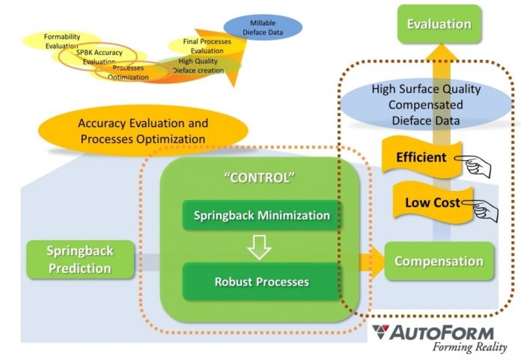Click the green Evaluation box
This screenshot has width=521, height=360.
click(439, 25)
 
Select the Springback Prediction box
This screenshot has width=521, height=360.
click(79, 258)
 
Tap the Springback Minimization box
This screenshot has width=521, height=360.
click(261, 216)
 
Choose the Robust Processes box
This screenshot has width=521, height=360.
click(261, 282)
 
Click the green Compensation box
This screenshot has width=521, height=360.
click(439, 261)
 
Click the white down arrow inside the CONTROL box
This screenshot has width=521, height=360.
click(259, 248)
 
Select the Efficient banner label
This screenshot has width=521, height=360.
click(421, 158)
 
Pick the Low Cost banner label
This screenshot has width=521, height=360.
click(423, 202)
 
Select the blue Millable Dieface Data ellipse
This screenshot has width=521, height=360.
click(263, 27)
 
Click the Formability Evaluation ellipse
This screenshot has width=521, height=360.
click(61, 40)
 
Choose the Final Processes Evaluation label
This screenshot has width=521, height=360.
click(207, 46)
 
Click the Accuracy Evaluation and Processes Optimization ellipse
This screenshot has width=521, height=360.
click(143, 131)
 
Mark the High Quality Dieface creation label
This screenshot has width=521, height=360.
click(198, 65)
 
